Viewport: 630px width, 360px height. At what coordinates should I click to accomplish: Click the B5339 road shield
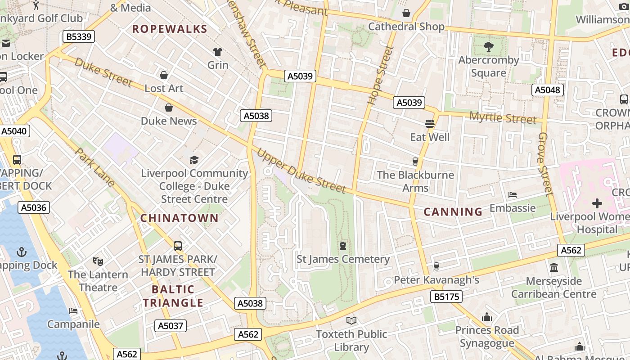coord(79,36)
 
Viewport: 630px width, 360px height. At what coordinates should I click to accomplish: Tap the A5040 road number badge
coord(15,131)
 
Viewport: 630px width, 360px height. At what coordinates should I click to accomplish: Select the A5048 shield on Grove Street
coord(547,90)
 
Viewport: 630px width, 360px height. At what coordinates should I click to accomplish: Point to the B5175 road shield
coord(445,297)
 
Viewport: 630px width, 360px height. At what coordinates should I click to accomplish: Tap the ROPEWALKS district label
coord(170,29)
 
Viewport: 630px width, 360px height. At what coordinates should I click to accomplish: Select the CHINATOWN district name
coord(179,218)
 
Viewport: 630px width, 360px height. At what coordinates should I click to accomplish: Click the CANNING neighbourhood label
coord(453,211)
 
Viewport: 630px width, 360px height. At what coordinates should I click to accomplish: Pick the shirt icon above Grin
coord(218,52)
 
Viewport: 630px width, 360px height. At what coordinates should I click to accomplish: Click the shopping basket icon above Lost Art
coord(164,75)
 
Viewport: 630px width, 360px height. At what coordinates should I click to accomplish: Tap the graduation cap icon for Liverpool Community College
coord(194,160)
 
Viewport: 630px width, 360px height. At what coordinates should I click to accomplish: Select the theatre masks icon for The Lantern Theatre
coord(98,261)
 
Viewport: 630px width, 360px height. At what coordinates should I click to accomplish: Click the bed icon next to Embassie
coord(512,195)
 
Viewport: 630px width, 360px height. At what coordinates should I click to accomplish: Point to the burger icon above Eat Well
coord(430,123)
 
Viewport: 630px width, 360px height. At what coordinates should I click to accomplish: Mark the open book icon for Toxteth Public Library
coord(351,320)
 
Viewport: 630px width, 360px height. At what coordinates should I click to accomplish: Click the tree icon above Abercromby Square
coord(488,46)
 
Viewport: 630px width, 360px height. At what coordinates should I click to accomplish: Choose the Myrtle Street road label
coord(503,118)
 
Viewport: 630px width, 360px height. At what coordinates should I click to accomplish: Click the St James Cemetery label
coord(343,259)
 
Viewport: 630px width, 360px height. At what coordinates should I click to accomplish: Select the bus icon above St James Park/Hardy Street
coord(178,246)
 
